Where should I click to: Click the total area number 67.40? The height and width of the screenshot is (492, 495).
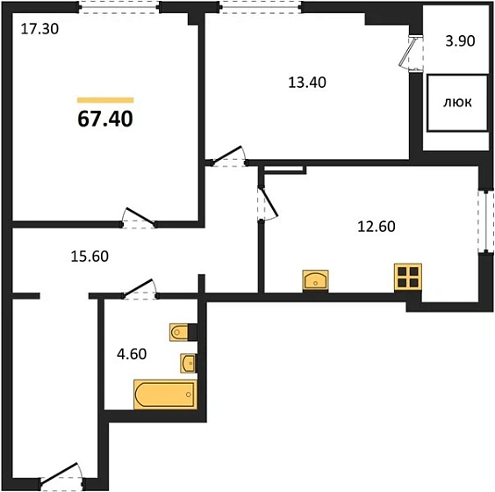coord(105,119)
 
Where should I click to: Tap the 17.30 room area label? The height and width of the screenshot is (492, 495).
coord(39,29)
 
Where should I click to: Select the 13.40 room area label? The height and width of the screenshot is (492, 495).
coord(307,83)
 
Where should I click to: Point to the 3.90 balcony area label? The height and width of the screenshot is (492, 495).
coord(460,41)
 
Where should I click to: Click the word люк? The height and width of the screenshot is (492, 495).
coord(457,103)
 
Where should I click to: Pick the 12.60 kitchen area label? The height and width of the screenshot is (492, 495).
coord(377,227)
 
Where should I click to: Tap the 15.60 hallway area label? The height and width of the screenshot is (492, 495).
coord(90,257)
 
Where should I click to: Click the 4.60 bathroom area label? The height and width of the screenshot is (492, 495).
coord(132,354)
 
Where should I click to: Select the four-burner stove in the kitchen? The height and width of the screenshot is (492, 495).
coord(408,277)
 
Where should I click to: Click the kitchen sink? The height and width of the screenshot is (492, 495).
coord(315,280)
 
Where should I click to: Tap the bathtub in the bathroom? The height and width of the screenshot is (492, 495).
coord(165,394)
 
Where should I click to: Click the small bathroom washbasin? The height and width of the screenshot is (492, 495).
coord(188,363)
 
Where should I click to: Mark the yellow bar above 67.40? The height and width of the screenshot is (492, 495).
coord(105,100)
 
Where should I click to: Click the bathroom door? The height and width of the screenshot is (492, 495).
coord(140,289)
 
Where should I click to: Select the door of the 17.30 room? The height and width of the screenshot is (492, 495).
coord(139,218)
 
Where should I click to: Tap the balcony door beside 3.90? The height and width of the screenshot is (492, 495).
coord(411,53)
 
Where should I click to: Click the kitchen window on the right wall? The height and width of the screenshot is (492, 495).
coord(485,221)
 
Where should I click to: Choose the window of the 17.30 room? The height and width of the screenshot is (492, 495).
coord(119,7)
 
